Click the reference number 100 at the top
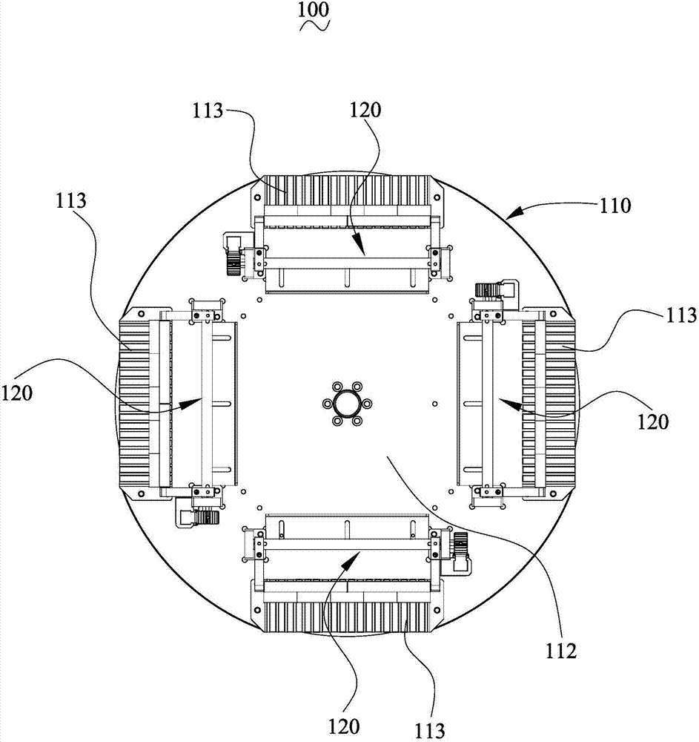tap(314, 10)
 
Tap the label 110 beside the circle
tap(615, 206)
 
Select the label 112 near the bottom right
tap(561, 651)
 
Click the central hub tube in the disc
tap(348, 404)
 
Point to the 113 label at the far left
tap(71, 200)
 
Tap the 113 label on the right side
tap(680, 315)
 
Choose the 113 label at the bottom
tap(430, 731)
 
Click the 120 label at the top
tap(365, 110)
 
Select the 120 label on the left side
tap(17, 393)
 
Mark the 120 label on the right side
tap(653, 421)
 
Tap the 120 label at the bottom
tap(344, 726)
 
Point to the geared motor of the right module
tap(495, 290)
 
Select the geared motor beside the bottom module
tap(460, 552)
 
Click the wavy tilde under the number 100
tap(314, 26)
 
